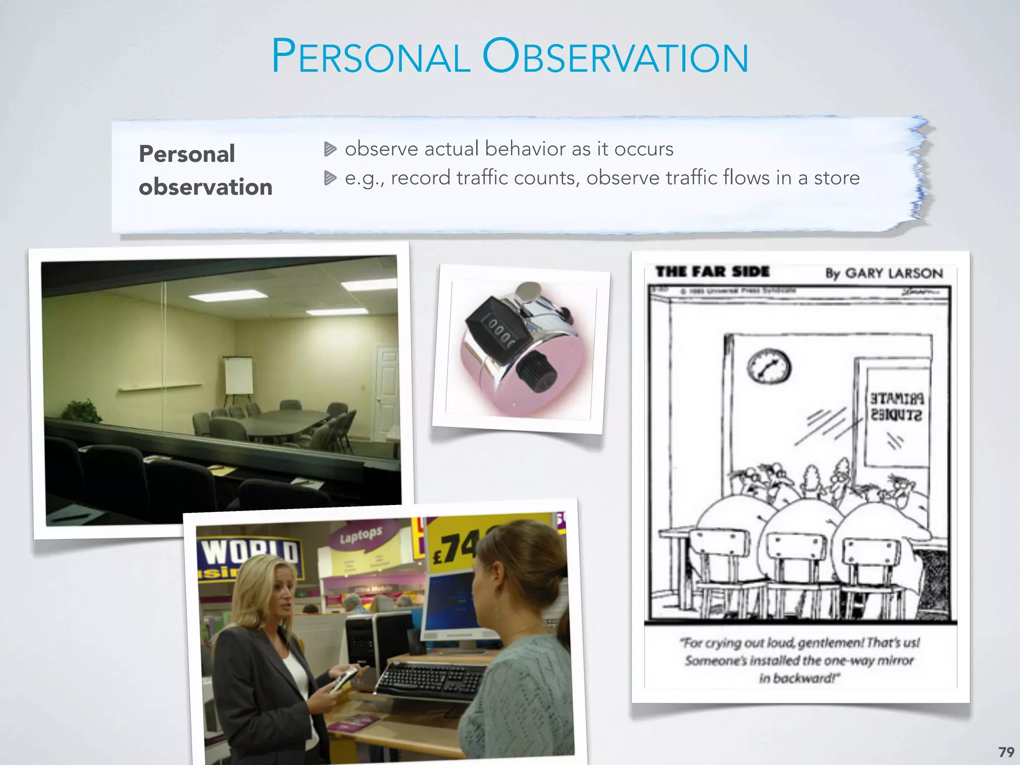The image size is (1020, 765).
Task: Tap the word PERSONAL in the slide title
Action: (x=371, y=57)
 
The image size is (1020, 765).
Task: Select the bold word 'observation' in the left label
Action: (x=205, y=187)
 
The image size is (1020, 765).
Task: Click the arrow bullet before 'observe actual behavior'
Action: (x=330, y=149)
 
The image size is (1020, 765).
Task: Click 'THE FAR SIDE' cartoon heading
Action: (x=712, y=272)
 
